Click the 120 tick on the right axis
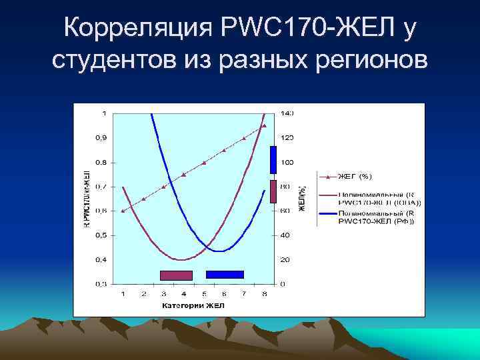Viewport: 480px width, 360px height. coord(287,138)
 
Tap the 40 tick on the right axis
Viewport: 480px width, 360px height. coord(285,235)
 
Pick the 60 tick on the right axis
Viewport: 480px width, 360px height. coord(285,211)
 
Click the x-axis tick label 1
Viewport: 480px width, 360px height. coord(123,293)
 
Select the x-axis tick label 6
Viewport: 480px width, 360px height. coord(224,293)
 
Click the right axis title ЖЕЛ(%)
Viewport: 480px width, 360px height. coord(301,199)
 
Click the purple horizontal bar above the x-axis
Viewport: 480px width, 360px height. coord(176,275)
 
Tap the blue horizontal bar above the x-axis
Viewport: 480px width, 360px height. coord(225,274)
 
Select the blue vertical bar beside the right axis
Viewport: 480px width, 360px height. coord(273,160)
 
